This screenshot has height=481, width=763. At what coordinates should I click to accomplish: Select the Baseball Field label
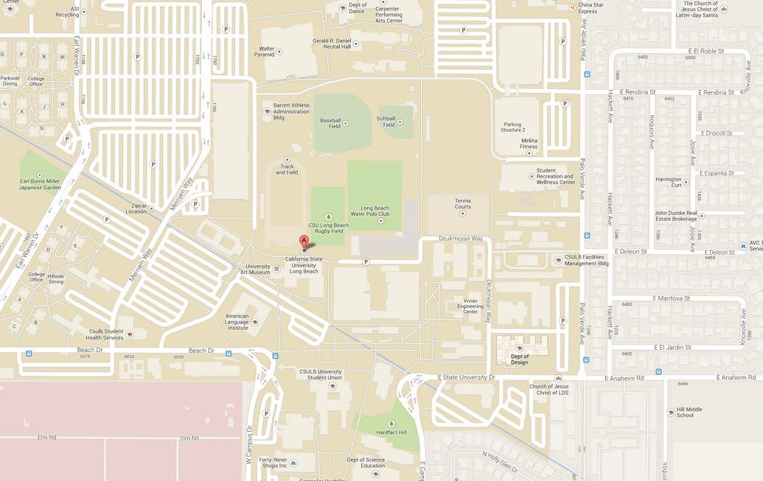point(330,123)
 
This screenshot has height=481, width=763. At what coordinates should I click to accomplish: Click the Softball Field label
point(386,122)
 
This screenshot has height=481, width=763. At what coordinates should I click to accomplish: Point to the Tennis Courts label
point(462,203)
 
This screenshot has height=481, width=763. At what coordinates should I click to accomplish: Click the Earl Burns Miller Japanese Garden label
point(41,183)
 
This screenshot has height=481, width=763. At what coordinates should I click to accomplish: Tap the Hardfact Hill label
point(391,432)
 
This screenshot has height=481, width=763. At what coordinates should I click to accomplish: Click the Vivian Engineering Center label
point(470,306)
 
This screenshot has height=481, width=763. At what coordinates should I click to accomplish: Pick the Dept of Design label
point(519,359)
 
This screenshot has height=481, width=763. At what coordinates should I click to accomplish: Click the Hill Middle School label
point(685,412)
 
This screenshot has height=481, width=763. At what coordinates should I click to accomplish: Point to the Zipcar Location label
point(136,208)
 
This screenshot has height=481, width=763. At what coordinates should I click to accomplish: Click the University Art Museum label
point(258,270)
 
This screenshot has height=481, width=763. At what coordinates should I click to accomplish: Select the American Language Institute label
point(237,322)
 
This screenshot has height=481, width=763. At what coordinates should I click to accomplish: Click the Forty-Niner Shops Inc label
point(272,463)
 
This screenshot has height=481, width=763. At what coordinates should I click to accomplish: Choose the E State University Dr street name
point(467,377)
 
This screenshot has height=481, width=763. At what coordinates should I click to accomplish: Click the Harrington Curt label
point(669,182)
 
